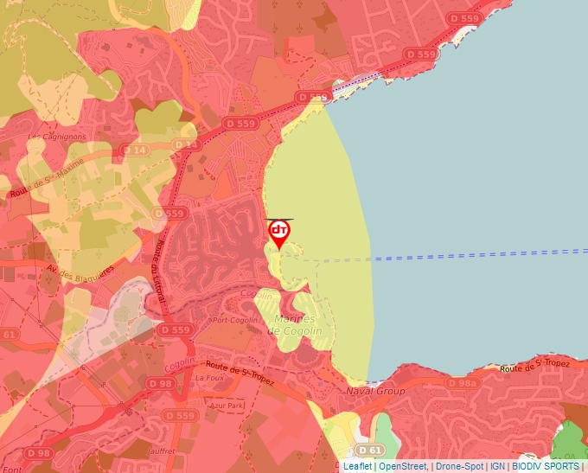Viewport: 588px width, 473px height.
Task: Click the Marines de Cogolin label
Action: click(x=294, y=325)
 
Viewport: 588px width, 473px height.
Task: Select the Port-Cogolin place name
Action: click(x=234, y=320)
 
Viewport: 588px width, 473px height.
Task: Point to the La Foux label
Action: click(x=210, y=378)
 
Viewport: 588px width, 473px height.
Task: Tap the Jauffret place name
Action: click(x=162, y=450)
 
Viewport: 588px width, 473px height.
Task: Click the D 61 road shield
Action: click(x=369, y=450)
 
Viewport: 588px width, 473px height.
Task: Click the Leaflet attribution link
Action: click(x=358, y=466)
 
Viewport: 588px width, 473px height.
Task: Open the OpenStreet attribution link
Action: click(x=402, y=466)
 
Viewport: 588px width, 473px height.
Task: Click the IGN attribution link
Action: click(x=497, y=466)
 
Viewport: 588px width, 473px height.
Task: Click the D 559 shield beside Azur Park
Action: click(x=180, y=416)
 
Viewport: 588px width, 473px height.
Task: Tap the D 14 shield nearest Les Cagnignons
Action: click(x=136, y=150)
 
